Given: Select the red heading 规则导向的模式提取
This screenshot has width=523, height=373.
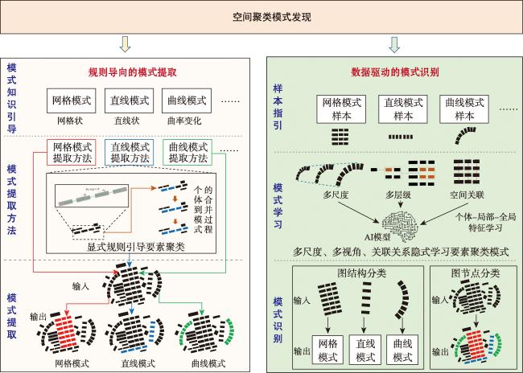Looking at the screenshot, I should [134, 72].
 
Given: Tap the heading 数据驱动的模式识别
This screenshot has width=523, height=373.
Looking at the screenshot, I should [394, 72].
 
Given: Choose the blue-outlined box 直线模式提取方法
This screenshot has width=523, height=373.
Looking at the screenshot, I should [130, 153].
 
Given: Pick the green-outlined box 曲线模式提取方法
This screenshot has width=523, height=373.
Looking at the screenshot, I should [187, 153].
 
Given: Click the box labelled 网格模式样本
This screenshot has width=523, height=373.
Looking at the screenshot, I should [344, 108].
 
